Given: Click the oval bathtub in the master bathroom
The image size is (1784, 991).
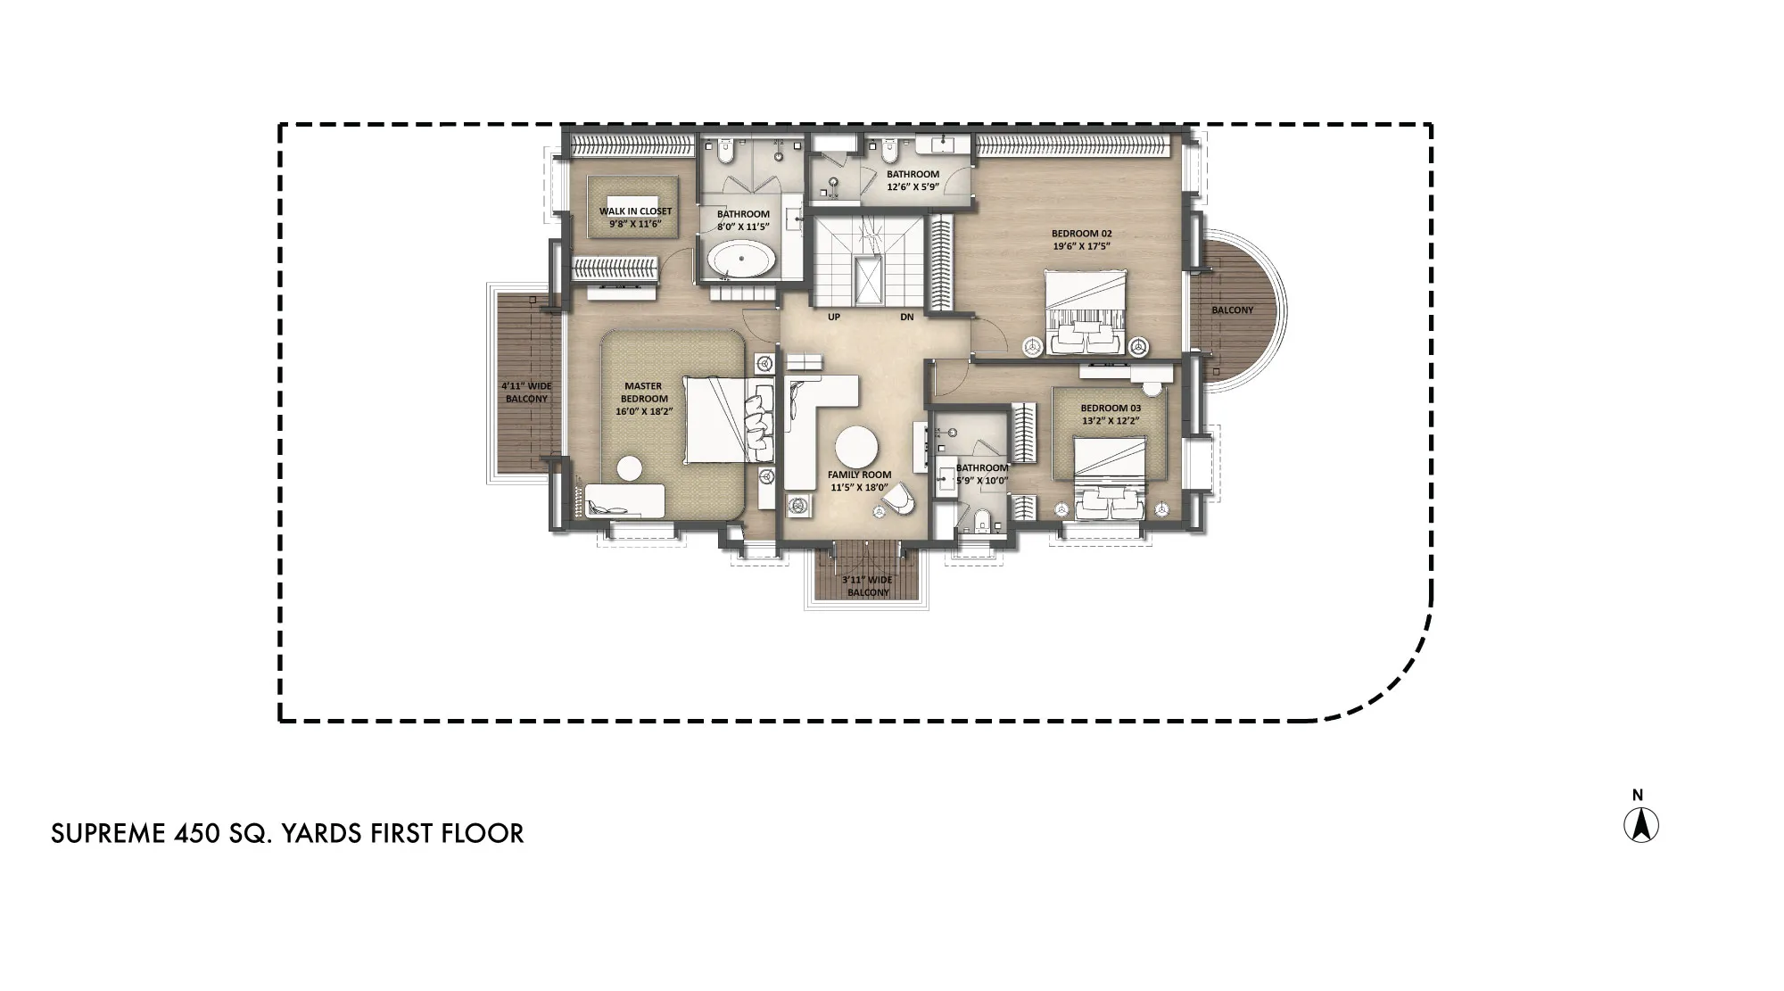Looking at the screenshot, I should [x=742, y=262].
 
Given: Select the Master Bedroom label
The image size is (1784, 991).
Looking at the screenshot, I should [x=643, y=392].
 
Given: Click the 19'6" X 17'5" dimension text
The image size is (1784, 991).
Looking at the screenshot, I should [x=1081, y=246].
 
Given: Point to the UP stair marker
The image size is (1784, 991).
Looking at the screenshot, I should [x=834, y=317].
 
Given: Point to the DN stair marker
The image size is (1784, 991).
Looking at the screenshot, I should [x=906, y=317].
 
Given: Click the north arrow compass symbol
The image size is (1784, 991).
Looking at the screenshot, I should [x=1640, y=825].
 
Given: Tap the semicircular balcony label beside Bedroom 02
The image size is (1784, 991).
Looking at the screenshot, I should [x=1232, y=310].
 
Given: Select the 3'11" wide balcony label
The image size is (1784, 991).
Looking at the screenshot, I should [x=867, y=586].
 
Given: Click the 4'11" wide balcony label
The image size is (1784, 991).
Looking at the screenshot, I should [x=526, y=392].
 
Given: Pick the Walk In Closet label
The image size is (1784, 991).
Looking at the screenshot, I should [x=635, y=211].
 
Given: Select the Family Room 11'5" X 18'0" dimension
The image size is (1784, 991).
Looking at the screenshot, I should [x=859, y=487].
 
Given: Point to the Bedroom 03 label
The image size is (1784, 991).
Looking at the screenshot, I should [x=1111, y=408].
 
